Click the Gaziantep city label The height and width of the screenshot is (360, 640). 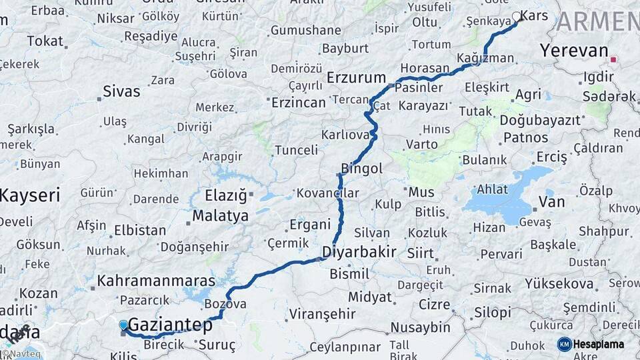pos(170,325)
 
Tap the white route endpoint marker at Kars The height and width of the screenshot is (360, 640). pos(517,17)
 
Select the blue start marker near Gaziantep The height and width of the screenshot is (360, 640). pos(123,325)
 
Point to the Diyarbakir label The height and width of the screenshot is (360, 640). pos(359,252)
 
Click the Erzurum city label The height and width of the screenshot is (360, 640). pos(356,78)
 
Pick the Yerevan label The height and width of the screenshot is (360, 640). pos(574,51)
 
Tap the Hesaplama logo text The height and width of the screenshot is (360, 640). pos(599,345)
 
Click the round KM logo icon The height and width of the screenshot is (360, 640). pos(565,345)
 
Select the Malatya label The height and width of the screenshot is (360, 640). pos(220,216)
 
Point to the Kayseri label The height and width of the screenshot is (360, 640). pos(30,196)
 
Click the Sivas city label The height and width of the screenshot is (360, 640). pos(121,92)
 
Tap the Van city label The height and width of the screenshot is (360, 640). pos(551,201)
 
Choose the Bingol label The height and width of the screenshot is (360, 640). pos(361,169)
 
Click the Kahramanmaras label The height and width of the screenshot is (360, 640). pos(156,281)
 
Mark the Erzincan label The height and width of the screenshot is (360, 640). pos(298,103)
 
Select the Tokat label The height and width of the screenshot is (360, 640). pos(45,41)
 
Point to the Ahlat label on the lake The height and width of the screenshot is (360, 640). pos(493,189)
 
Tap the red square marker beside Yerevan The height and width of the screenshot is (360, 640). pos(613,59)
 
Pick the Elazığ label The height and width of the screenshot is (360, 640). pos(225,196)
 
